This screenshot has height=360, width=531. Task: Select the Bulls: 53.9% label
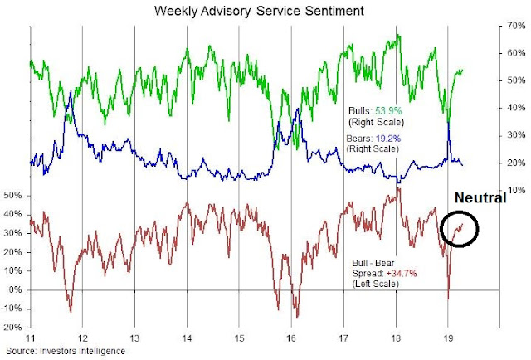(374, 109)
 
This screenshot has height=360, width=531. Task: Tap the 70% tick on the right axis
(515, 26)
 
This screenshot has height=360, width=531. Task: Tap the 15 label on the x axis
(239, 341)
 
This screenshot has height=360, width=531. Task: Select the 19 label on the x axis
(447, 341)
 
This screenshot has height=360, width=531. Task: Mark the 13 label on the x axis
(135, 341)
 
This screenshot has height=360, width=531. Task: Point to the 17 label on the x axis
(343, 341)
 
